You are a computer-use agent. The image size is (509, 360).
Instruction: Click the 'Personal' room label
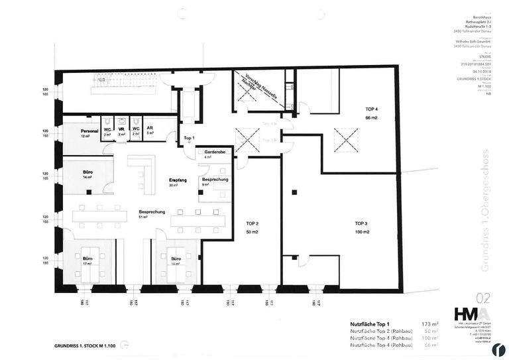[x=89, y=131]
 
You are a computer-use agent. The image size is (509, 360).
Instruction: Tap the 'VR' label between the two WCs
[x=121, y=130]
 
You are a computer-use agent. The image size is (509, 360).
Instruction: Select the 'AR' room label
[x=150, y=130]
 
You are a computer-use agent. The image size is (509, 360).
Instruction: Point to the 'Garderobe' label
[x=212, y=152]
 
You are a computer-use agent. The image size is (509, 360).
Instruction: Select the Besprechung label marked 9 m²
[x=215, y=180]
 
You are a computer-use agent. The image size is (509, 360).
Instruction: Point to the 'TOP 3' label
[x=361, y=223]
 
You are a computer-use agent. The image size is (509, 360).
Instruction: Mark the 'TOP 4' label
[x=371, y=109]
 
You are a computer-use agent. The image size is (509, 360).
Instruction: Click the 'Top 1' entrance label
[x=189, y=137]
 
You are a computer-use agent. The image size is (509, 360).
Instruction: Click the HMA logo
[x=471, y=314]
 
